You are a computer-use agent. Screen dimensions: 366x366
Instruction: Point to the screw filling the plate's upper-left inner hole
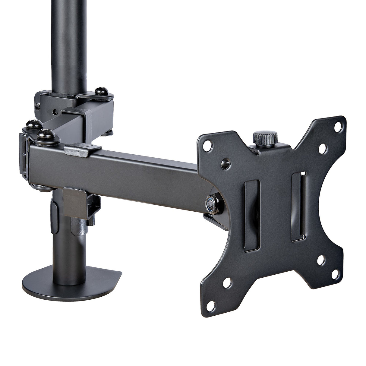[x=224, y=163]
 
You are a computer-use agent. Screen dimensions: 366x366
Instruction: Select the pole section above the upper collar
[x=70, y=42]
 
